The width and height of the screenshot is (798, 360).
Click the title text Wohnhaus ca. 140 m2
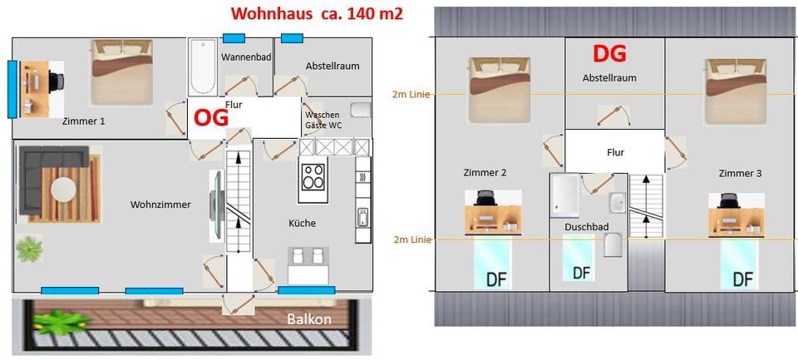317,13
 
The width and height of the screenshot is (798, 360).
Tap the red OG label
211,116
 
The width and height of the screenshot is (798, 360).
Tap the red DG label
608,53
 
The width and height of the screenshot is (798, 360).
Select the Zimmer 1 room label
84,121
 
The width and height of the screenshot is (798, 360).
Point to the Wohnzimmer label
160,205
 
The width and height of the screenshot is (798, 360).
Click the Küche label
302,223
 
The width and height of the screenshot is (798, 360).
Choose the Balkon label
309,319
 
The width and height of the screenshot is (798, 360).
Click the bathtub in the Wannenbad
202,68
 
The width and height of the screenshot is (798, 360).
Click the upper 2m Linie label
411,94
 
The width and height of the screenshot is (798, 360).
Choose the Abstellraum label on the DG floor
609,78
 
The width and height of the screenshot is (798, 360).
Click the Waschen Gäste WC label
323,120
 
